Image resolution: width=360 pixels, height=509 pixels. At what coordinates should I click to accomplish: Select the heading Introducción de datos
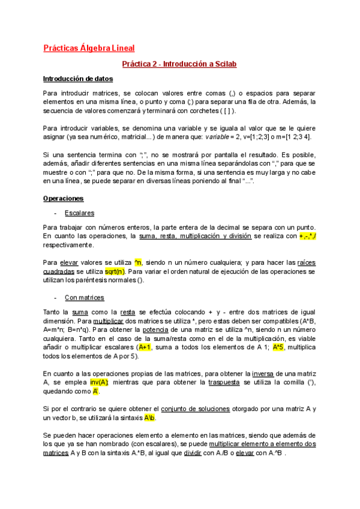point(77,79)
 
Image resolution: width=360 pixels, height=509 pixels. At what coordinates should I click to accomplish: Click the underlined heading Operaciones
point(63,198)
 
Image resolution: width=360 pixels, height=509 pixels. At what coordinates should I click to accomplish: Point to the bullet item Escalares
point(79,212)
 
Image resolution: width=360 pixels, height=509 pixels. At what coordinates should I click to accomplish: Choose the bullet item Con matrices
point(84,297)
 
